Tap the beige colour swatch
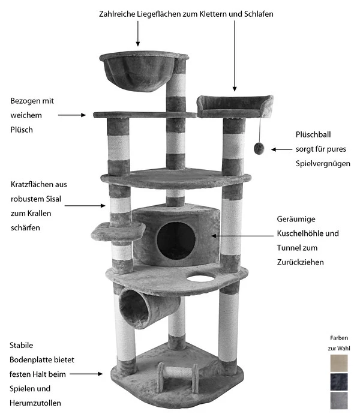(x=338, y=364)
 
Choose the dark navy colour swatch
(x=338, y=382)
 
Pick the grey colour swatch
(x=338, y=400)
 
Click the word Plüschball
(x=313, y=134)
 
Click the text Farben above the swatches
(x=339, y=338)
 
